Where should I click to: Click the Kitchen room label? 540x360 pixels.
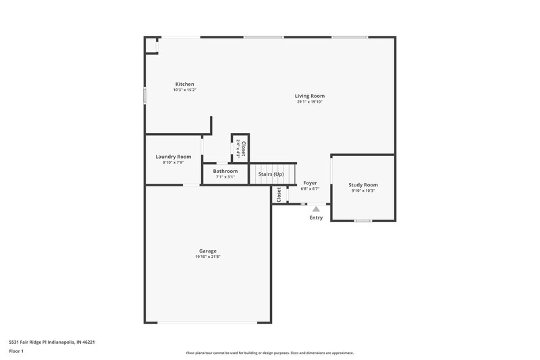coord(184,84)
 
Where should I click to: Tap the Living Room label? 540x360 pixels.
coord(310,96)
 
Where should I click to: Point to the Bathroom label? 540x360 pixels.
coord(225,171)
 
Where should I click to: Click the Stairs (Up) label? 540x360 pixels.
coord(271,174)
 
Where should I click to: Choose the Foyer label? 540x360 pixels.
coord(310,183)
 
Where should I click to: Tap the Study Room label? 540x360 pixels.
coord(363,184)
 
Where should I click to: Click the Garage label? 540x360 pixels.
coord(208,251)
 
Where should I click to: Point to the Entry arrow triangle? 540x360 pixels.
coord(316,209)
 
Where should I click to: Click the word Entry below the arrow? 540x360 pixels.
coord(316,217)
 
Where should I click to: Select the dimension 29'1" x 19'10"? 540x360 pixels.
coord(310,102)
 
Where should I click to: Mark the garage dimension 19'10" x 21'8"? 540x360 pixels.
coord(208,257)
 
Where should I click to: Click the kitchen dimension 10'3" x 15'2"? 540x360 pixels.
coord(184,90)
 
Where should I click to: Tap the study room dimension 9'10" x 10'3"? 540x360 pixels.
coord(363,190)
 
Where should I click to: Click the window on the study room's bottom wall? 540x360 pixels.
coord(363,221)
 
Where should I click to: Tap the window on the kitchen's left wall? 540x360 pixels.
coord(145,95)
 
